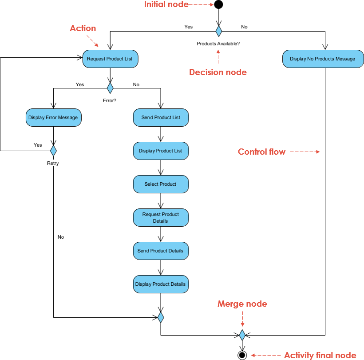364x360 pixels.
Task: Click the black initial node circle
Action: [218, 5]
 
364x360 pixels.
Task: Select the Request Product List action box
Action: [110, 59]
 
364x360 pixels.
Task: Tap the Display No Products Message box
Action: [322, 59]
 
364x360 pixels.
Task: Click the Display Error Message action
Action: [53, 117]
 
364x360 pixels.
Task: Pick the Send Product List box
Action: [161, 117]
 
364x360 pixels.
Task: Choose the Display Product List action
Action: [161, 151]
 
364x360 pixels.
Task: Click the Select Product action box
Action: [161, 184]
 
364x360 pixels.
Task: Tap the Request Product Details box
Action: [161, 217]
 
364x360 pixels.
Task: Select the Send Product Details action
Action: [161, 251]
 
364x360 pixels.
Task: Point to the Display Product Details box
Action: [161, 284]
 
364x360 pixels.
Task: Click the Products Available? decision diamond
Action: [218, 31]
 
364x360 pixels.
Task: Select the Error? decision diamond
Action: [110, 86]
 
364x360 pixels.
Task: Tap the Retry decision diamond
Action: [53, 151]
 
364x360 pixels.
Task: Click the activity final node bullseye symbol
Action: [242, 355]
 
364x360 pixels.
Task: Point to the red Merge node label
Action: [242, 304]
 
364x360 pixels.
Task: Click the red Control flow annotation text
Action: [261, 152]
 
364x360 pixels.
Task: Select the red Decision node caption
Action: [218, 72]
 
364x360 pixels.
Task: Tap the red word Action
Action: [83, 28]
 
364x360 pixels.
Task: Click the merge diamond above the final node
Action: [242, 335]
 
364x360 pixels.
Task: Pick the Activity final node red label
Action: [320, 355]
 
